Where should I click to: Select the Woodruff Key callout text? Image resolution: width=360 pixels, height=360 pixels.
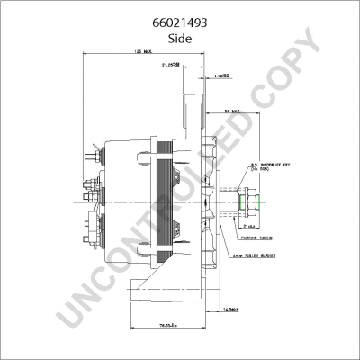pos(274,166)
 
